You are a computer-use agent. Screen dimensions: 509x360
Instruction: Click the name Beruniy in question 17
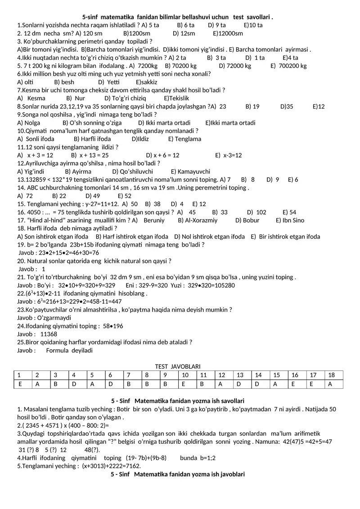[154, 220]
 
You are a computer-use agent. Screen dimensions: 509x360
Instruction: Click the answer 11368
[49, 334]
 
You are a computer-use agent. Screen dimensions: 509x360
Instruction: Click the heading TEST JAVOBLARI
[178, 367]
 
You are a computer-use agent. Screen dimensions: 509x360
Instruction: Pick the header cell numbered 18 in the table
[332, 375]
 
